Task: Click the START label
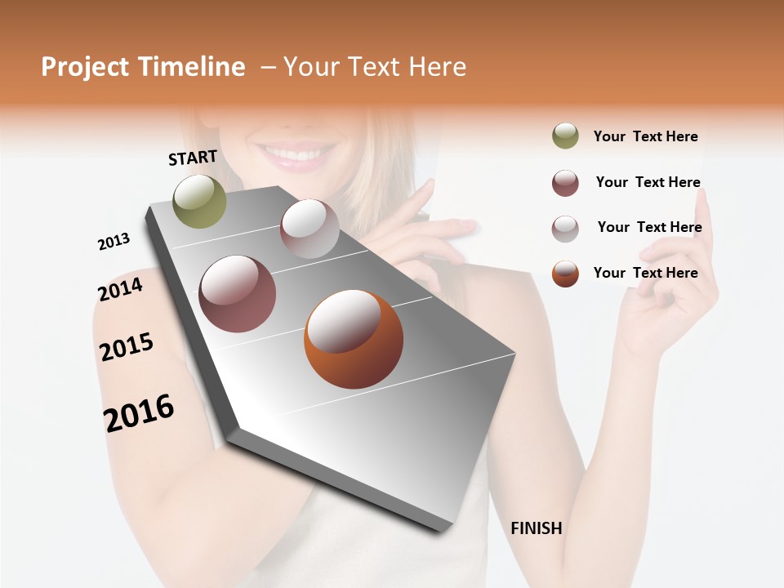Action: [193, 157]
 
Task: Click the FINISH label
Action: [537, 528]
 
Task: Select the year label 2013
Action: [114, 242]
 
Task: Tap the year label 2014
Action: [120, 289]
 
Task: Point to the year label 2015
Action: [127, 347]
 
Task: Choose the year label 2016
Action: [139, 413]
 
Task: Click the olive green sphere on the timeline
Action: [200, 201]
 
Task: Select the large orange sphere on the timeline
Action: [354, 339]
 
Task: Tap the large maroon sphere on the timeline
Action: [238, 294]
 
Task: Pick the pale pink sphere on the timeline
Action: [310, 229]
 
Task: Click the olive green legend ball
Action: [565, 136]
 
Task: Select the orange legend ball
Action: [565, 274]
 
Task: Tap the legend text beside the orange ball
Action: [645, 273]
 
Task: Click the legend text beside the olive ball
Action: [645, 136]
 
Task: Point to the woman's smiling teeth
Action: [292, 154]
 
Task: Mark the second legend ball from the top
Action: [565, 183]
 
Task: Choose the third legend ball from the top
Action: [565, 228]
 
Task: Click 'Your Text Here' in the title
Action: [375, 67]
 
